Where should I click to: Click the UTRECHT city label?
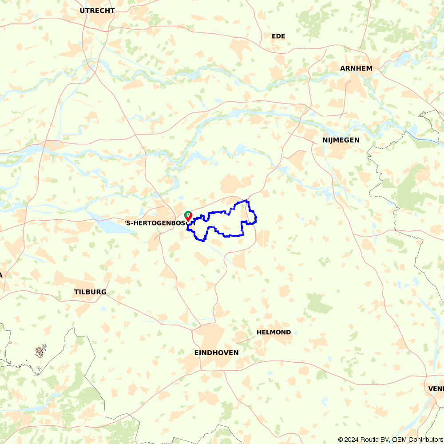coord(97,10)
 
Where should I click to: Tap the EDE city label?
coord(278,36)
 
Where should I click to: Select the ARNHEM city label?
coord(356,68)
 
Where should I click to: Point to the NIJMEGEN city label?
coord(341,140)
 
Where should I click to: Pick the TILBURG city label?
coord(90,292)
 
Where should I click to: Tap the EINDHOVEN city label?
coord(216,353)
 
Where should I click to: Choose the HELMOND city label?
coord(274,332)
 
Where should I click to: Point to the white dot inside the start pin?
coord(188,214)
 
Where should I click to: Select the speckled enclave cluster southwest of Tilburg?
coord(40,351)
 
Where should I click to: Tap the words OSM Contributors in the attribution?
coord(416,440)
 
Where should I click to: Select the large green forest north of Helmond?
coord(318,303)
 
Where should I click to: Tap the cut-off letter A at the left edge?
coord(1,275)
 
